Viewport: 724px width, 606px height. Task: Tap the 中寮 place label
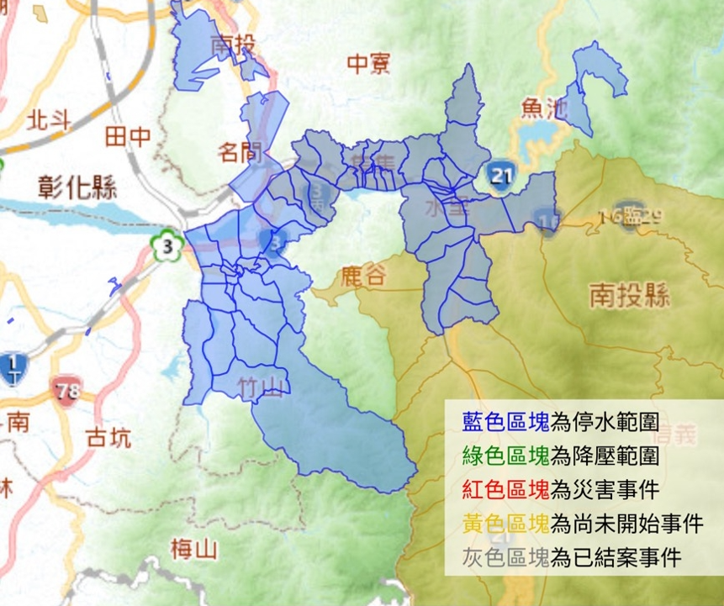point(369,63)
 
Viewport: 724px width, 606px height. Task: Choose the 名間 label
point(240,153)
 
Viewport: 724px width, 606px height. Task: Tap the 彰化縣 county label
point(77,186)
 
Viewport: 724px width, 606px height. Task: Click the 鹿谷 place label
point(363,278)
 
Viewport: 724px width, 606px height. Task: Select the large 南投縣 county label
point(628,294)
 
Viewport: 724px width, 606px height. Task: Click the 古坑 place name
point(108,438)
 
